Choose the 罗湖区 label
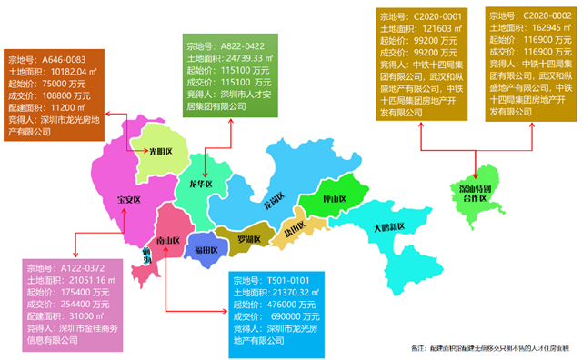(x=243, y=239)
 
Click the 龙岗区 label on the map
(x=272, y=199)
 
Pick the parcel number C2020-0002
(x=547, y=15)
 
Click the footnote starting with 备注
(x=490, y=348)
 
